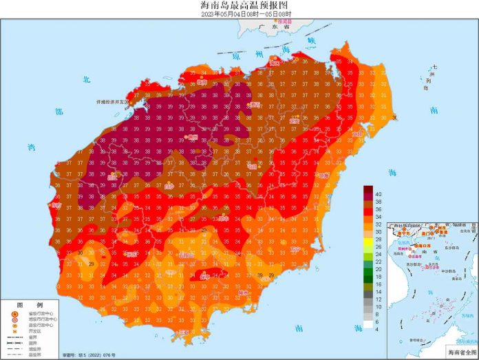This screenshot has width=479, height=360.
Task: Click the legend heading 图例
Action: (x=30, y=304)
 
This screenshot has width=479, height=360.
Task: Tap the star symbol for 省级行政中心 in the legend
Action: (x=14, y=315)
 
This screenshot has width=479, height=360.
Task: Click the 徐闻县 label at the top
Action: (x=284, y=21)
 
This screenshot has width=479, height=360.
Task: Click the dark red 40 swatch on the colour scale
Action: (x=368, y=191)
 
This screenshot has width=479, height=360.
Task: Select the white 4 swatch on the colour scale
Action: (x=368, y=323)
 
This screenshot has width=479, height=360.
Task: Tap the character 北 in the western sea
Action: (x=86, y=80)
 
